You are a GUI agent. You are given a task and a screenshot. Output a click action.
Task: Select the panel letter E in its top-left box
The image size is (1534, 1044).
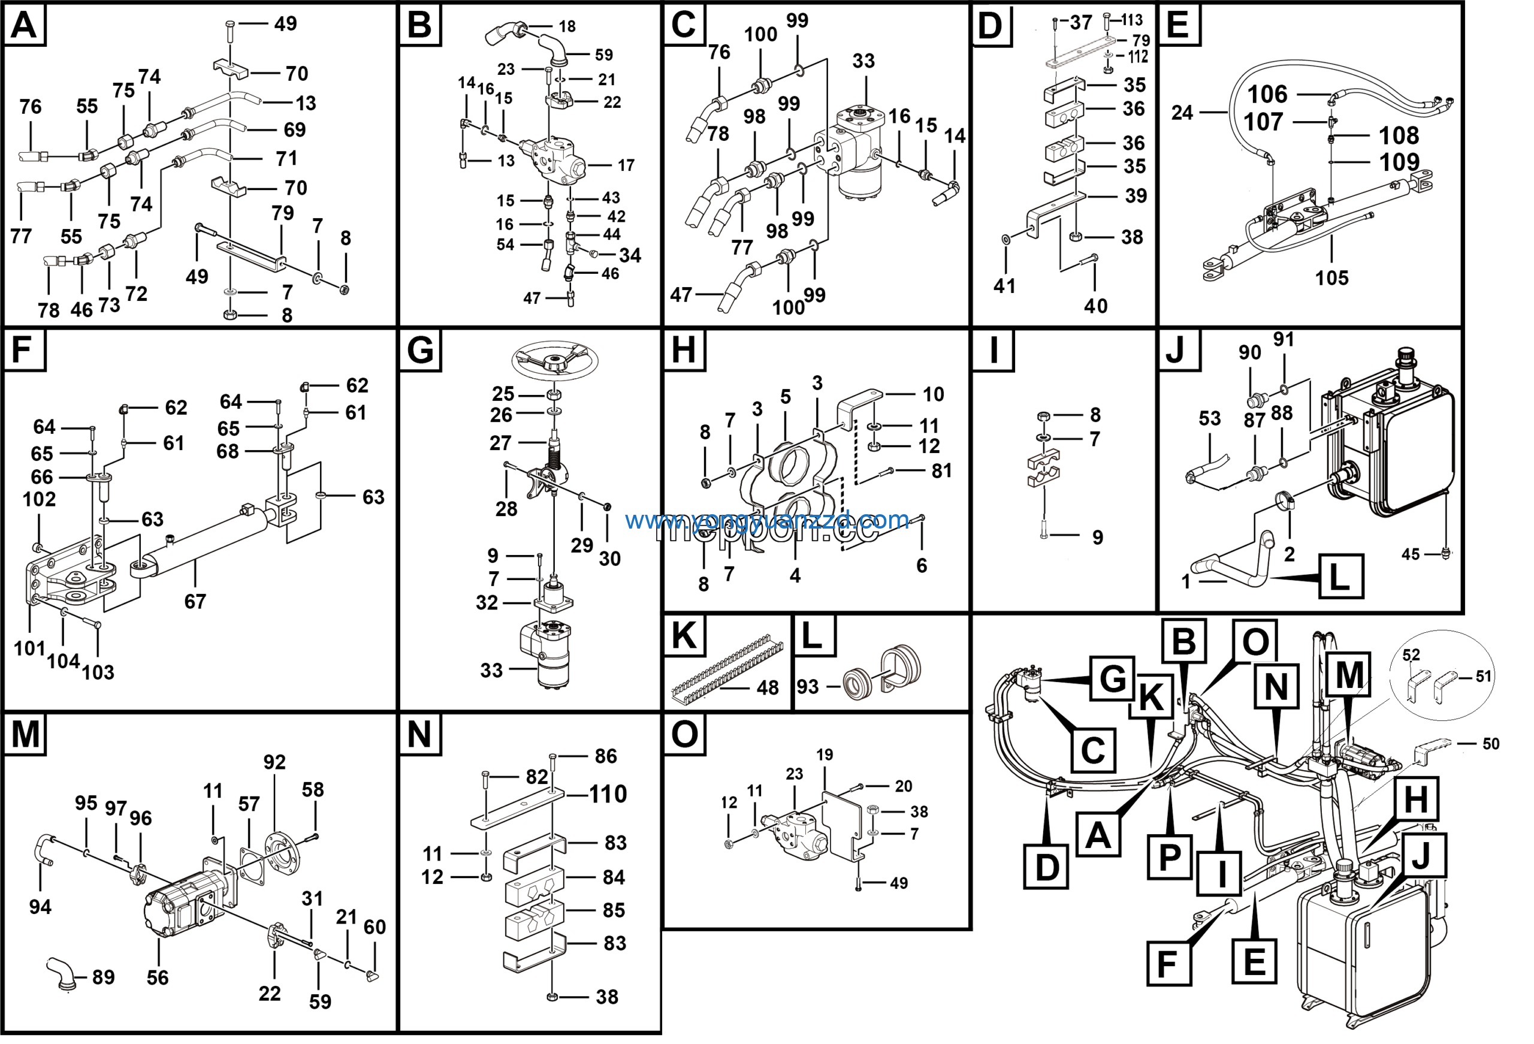tap(1177, 25)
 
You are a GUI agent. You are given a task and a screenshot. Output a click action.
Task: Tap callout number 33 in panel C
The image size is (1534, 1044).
tap(863, 61)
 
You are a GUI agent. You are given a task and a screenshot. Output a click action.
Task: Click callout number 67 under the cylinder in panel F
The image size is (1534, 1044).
tap(195, 602)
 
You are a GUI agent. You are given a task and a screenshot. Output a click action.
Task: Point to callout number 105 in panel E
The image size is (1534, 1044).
tap(1331, 278)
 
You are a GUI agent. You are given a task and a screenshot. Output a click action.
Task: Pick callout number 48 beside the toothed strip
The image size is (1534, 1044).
tap(767, 688)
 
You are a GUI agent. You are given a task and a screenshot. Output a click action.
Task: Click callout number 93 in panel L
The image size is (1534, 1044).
tap(807, 687)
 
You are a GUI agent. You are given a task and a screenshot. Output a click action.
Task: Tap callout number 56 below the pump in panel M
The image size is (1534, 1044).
tap(157, 978)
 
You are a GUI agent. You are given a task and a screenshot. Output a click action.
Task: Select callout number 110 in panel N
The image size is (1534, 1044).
tap(607, 795)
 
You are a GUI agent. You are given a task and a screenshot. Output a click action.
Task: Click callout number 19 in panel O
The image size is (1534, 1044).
tap(825, 755)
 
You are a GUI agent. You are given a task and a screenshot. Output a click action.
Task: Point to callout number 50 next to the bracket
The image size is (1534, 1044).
tap(1490, 744)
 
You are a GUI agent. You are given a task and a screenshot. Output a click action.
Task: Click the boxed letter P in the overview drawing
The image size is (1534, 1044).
tap(1169, 857)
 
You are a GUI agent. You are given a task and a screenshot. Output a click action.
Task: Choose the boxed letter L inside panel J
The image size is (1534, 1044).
tap(1339, 577)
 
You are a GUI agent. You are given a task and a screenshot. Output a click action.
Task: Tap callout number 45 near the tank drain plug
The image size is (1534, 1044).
tap(1410, 555)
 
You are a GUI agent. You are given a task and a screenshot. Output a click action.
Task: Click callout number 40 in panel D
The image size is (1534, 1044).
tap(1096, 306)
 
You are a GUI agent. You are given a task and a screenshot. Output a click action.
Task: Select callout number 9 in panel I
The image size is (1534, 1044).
tap(1097, 538)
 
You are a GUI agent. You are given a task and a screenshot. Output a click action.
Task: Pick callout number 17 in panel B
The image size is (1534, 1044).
tap(626, 165)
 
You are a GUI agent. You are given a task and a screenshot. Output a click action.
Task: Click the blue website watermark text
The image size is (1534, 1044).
tap(766, 520)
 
